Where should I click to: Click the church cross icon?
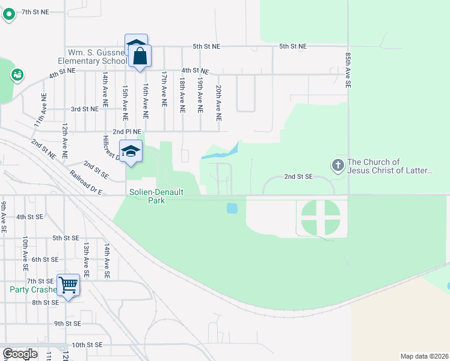tap(338, 164)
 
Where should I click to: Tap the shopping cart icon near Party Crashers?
tap(69, 284)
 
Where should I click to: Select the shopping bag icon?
tap(140, 57)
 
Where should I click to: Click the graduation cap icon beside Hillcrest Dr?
tap(131, 150)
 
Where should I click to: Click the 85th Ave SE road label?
tap(348, 70)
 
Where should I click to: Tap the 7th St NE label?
tap(35, 12)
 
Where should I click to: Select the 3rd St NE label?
tap(84, 109)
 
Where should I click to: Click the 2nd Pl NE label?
tap(127, 132)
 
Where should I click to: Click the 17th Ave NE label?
tap(164, 89)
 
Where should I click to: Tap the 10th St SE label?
tap(87, 345)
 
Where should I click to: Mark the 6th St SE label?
tap(45, 259)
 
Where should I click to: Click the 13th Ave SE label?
tap(87, 259)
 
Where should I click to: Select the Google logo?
tap(20, 354)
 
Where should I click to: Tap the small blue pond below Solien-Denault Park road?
tap(232, 209)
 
